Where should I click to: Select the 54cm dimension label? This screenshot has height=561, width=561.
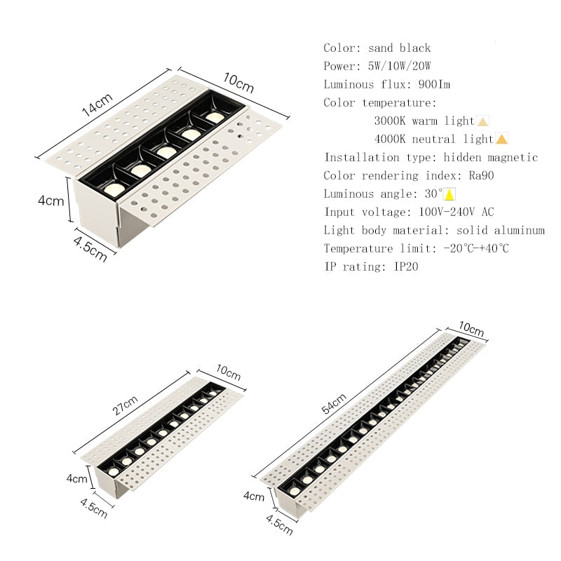coord(334,405)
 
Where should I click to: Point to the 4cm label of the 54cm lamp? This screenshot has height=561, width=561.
coord(253,496)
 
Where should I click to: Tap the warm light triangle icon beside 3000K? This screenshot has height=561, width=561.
coord(482,121)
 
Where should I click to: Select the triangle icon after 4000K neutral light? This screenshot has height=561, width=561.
coord(501,139)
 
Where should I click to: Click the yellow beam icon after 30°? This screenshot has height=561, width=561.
coord(450,194)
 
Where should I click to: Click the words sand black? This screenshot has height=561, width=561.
coord(405,48)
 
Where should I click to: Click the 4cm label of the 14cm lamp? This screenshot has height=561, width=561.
coord(50,201)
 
